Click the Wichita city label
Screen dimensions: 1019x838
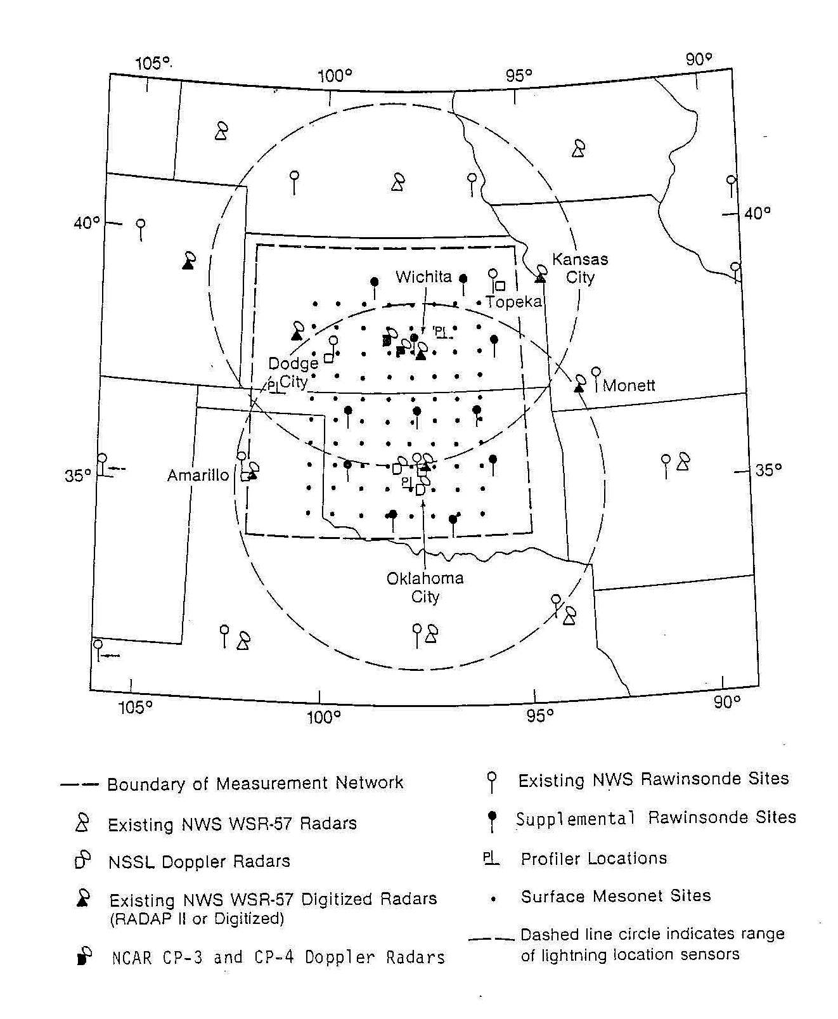[x=423, y=277]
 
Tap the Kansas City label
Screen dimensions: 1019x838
[x=579, y=268]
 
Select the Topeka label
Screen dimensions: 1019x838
[x=514, y=302]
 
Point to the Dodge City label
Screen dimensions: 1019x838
[x=293, y=372]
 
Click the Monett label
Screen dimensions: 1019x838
[x=629, y=386]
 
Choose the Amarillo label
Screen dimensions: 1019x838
[x=198, y=475]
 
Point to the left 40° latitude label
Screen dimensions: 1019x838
[x=87, y=223]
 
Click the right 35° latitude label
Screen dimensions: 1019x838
[x=768, y=470]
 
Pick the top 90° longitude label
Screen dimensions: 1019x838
[x=699, y=60]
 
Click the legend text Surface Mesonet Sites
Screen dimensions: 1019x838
[x=616, y=896]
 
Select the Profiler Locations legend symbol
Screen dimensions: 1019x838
[x=491, y=859]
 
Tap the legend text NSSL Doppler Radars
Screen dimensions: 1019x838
[x=199, y=861]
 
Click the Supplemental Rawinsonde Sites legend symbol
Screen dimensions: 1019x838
[x=491, y=820]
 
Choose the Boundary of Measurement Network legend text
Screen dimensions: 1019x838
[x=255, y=784]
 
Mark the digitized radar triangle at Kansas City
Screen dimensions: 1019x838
[x=540, y=278]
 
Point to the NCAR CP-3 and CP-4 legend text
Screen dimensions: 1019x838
[x=278, y=957]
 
